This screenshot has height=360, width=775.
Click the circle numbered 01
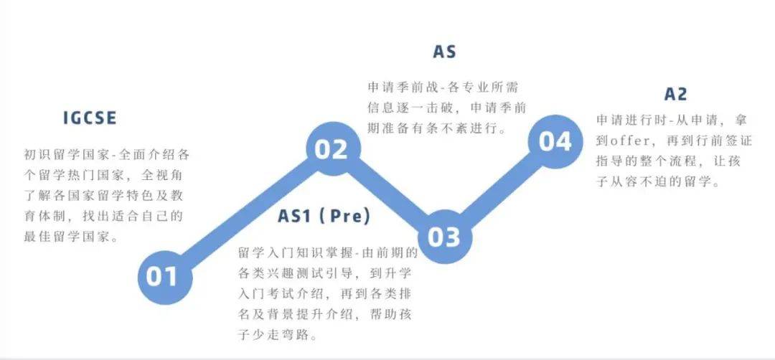164,277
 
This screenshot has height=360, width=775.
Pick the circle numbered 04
555,142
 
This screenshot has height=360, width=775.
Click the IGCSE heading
90,118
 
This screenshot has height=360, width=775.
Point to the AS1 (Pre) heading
324,217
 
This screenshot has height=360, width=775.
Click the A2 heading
676,94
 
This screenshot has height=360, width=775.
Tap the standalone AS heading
444,52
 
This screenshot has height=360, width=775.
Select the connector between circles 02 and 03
389,193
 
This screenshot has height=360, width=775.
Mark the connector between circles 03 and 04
500,189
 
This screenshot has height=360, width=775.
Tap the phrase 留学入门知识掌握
295,253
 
